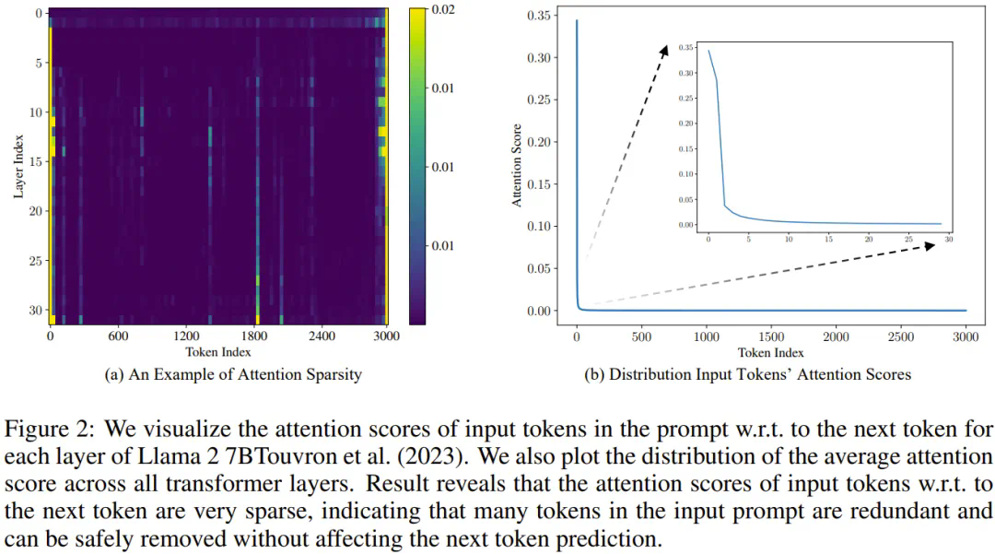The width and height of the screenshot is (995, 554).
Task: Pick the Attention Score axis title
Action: click(517, 165)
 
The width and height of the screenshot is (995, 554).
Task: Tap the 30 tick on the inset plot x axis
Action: click(947, 239)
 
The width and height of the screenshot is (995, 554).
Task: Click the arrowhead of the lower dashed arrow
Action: click(931, 244)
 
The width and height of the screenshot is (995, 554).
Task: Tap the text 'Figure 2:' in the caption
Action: click(41, 430)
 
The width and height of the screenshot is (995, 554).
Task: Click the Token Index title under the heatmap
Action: click(217, 351)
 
